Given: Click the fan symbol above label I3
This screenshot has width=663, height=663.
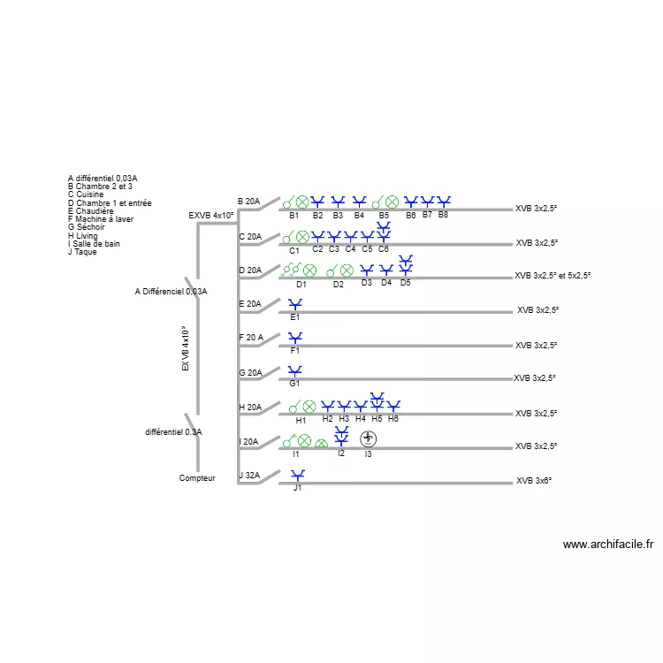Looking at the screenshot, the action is coord(368,438).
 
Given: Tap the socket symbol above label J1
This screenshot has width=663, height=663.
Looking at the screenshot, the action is coord(298,476).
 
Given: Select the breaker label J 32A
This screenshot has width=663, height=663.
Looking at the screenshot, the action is coord(249,476).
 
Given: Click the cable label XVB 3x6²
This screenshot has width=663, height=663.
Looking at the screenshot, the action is coord(534,481).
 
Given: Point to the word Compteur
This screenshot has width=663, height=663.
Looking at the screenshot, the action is coord(197,478).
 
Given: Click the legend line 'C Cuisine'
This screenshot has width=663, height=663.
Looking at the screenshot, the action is coord(86,194).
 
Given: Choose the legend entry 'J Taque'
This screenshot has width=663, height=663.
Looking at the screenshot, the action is coord(82,252).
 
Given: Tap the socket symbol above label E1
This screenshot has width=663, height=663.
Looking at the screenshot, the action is coord(295,304).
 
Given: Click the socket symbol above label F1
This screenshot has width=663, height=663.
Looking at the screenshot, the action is coord(295,338).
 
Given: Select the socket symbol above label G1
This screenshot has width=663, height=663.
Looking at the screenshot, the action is coord(295,371).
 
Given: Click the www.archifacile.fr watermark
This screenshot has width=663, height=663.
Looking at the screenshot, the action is coord(608,545).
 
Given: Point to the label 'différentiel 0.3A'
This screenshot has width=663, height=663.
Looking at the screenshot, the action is coord(173,432).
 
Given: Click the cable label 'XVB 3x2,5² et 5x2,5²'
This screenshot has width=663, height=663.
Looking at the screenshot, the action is coord(552,276).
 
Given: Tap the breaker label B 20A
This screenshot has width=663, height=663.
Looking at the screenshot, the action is coord(248,202).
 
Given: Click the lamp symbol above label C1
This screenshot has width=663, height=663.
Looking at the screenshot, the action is coord(302,237).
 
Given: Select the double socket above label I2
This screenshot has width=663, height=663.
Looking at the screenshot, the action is coord(341,437).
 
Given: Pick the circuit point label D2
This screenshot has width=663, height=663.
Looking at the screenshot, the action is coord(339,285).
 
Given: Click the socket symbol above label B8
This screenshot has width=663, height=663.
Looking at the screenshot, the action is coord(444,202).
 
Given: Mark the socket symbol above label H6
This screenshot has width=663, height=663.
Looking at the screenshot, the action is coord(393,406).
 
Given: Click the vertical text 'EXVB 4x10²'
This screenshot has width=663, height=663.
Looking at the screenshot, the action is coord(186,348).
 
